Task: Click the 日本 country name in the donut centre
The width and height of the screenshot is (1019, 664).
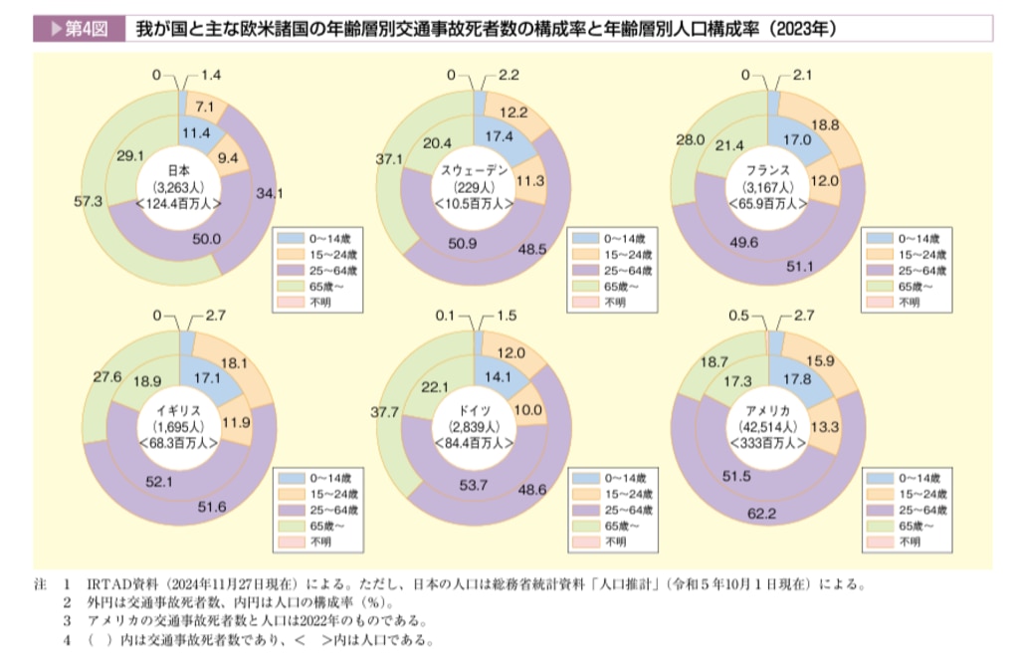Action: [178, 169]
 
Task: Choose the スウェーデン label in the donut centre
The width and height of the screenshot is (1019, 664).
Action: [475, 170]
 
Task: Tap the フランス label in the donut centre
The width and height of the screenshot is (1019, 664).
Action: [766, 169]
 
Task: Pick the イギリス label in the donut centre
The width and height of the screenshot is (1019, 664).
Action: [180, 411]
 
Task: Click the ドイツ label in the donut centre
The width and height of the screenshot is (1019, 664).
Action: [475, 411]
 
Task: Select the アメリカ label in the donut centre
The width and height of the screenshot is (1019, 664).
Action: [768, 411]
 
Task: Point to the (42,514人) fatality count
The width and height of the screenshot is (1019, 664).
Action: [768, 427]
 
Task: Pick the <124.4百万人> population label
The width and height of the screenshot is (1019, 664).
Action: [178, 201]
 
